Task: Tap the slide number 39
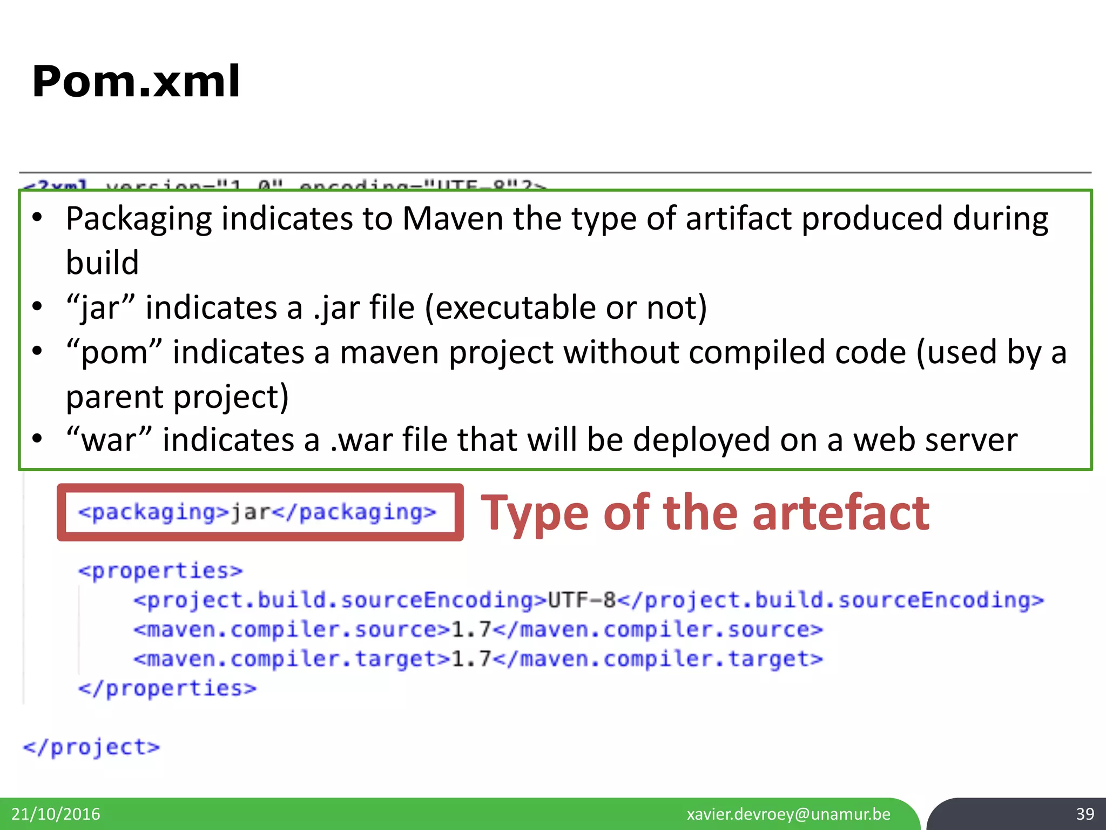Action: coord(1085,814)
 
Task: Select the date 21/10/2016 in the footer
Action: coord(56,814)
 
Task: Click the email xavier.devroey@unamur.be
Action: coord(788,814)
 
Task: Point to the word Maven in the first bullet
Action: coord(453,219)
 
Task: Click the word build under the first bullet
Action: coord(102,263)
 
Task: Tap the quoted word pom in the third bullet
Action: coord(114,353)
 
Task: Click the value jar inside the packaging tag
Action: coord(250,512)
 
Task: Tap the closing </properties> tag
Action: coord(167,688)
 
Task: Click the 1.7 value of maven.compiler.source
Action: coord(470,630)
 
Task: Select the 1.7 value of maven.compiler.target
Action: coord(470,659)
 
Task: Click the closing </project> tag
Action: coord(91,747)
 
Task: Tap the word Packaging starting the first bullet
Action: coord(139,219)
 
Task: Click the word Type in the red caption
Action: coord(534,513)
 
